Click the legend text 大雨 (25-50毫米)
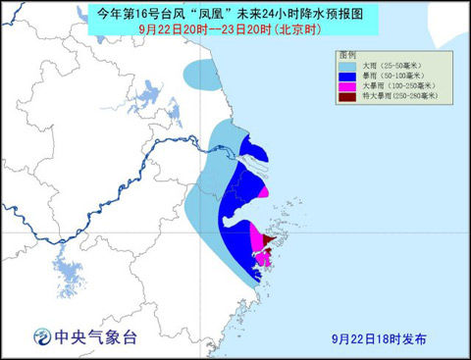pos(387,64)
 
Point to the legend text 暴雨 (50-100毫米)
pos(389,76)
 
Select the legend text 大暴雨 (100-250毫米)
pos(392,88)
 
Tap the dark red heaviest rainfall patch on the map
pos(268,236)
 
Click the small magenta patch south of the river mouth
pos(262,192)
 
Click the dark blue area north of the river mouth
pos(254,151)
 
